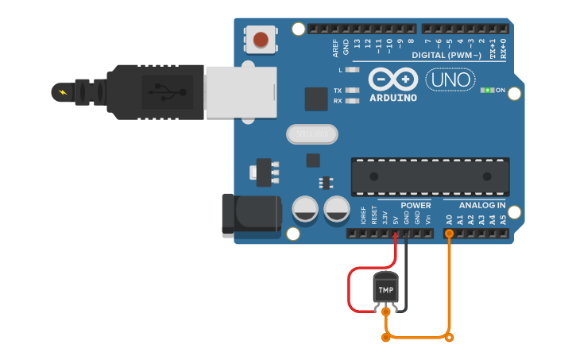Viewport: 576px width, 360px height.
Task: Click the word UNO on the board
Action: pyautogui.click(x=450, y=80)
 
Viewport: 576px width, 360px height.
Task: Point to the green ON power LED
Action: pyautogui.click(x=487, y=91)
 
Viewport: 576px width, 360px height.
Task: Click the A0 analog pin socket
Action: pyautogui.click(x=449, y=234)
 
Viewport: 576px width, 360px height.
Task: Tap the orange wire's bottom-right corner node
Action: pyautogui.click(x=450, y=338)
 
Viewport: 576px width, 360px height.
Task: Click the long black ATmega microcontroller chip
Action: pyautogui.click(x=430, y=176)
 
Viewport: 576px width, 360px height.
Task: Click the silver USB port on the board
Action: pyautogui.click(x=241, y=91)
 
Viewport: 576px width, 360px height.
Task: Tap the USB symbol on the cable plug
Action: pyautogui.click(x=161, y=91)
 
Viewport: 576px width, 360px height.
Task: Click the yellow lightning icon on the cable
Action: pyautogui.click(x=62, y=92)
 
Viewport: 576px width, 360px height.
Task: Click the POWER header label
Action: pyautogui.click(x=416, y=205)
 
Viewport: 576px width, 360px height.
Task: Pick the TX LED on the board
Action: pyautogui.click(x=352, y=91)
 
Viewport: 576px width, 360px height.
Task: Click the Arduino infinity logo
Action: pyautogui.click(x=392, y=79)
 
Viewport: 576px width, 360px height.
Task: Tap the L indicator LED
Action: pyautogui.click(x=352, y=70)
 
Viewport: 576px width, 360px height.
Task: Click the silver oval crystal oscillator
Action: pyautogui.click(x=312, y=134)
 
